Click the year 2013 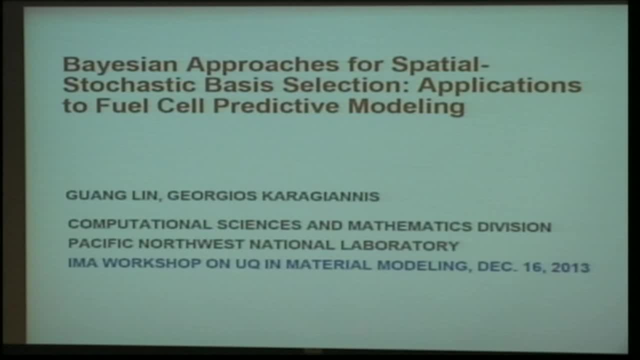pos(570,267)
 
